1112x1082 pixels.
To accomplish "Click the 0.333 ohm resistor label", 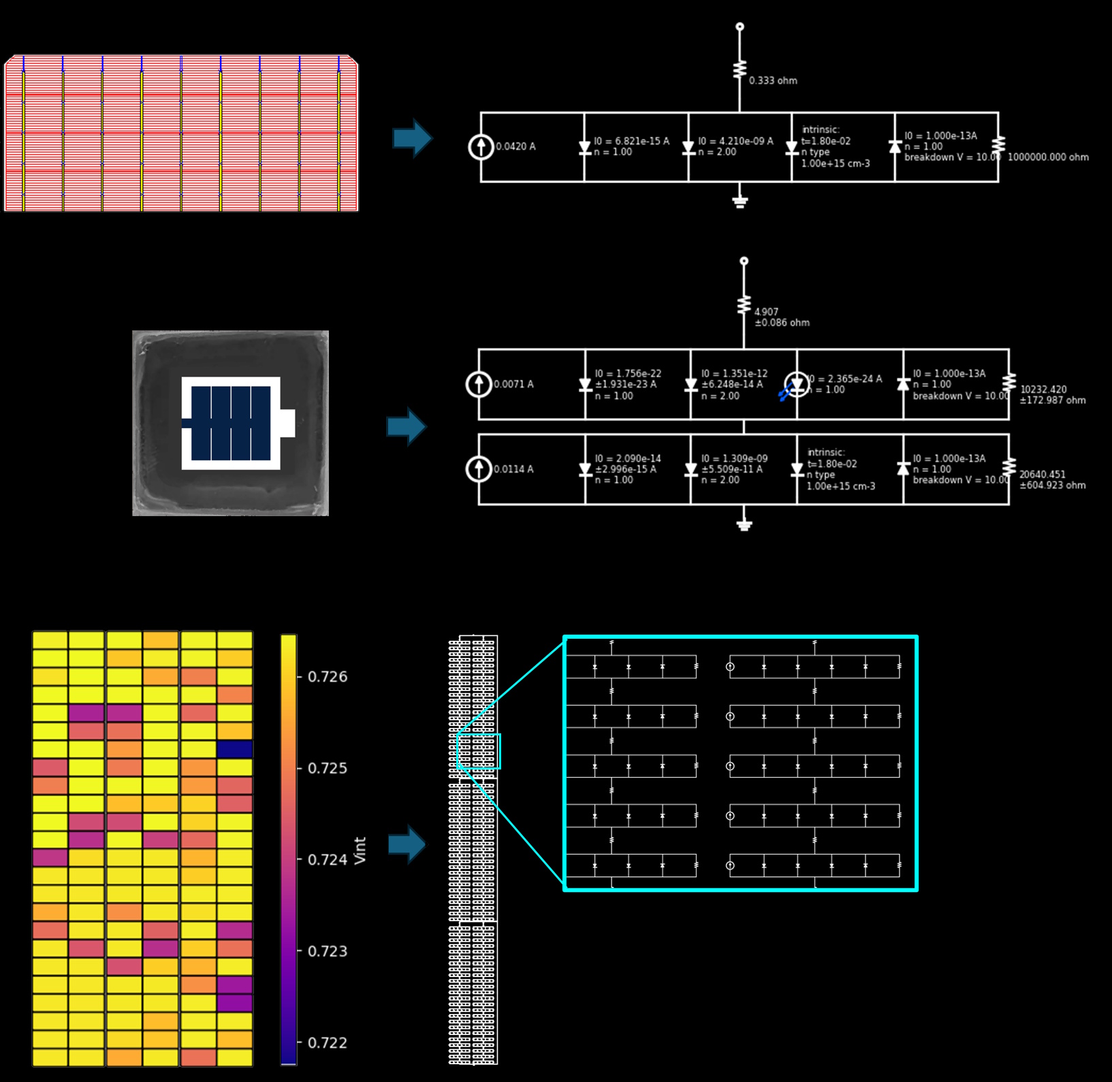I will point(773,80).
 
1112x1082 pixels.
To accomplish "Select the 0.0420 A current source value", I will point(515,146).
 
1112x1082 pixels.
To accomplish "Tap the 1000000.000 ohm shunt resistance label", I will point(1048,157).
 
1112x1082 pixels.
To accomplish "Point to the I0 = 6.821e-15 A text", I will point(631,141).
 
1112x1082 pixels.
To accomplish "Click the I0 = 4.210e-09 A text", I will point(735,141).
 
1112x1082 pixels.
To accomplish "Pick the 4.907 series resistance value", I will point(766,312).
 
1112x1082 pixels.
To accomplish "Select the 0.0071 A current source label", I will point(513,385).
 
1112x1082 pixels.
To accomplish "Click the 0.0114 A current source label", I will point(513,469).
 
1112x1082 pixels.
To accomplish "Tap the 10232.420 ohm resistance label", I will point(1043,389).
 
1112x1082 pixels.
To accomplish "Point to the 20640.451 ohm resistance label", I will point(1043,475).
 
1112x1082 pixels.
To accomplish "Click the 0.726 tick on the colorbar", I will point(328,677).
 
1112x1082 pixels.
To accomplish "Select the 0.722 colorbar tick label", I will point(328,1043).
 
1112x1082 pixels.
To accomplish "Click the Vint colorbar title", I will point(360,850).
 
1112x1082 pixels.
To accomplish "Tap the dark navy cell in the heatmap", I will point(235,749).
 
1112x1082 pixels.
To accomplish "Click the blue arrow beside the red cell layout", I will point(413,138).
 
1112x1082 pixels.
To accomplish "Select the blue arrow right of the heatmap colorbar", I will point(407,844).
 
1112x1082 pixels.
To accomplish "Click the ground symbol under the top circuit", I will point(740,202).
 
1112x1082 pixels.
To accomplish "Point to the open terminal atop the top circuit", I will point(740,27).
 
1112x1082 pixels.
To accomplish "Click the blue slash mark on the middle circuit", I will point(784,393).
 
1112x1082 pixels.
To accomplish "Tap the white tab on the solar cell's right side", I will point(287,423).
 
